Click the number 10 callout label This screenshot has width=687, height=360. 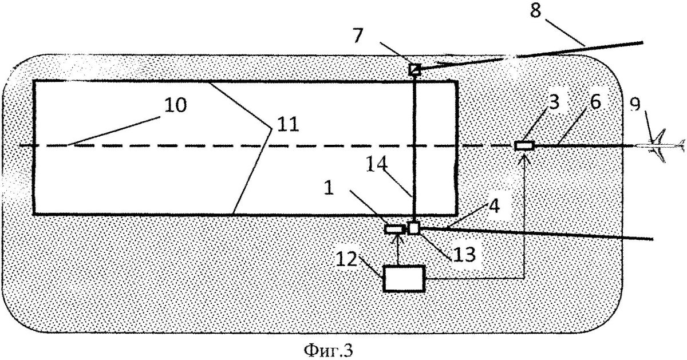coord(175,105)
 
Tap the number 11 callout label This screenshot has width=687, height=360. coord(288,125)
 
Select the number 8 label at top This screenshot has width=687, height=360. coord(535,11)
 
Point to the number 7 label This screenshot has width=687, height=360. coord(358,35)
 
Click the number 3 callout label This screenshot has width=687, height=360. coord(554,102)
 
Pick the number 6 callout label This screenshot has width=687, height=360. coord(595,102)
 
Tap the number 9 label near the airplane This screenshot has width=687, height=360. coord(635,105)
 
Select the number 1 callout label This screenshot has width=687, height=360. coord(329,188)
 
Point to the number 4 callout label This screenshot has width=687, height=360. coord(494,206)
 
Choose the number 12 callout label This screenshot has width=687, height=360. coord(346,259)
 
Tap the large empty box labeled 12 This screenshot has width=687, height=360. coord(404,278)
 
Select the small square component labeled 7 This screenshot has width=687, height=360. coord(414,69)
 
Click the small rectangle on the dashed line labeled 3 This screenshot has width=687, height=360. coord(524,145)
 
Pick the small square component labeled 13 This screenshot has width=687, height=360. coord(413,228)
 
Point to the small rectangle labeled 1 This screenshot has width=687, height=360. coord(394,229)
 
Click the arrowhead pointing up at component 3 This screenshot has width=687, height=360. coord(524,159)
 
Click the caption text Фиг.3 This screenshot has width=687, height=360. coord(328,350)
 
